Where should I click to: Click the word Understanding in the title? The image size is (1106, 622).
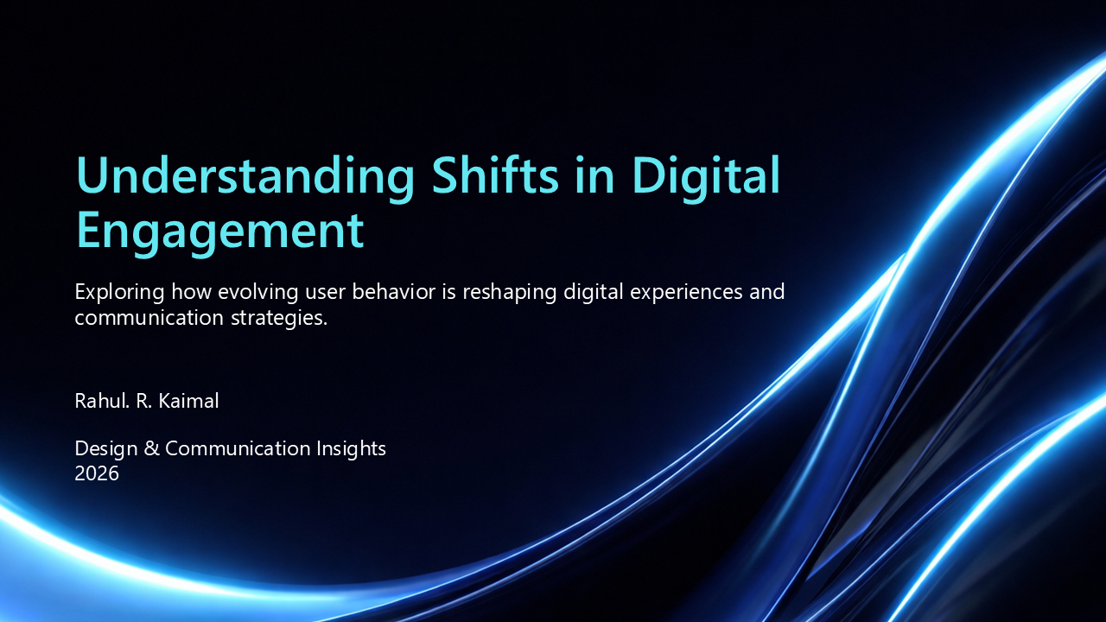pyautogui.click(x=245, y=177)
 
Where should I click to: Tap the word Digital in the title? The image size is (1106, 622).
pyautogui.click(x=706, y=177)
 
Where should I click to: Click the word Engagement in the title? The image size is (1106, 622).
pyautogui.click(x=220, y=232)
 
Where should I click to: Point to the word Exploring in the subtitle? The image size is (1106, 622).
pyautogui.click(x=119, y=292)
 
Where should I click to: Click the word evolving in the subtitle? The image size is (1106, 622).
pyautogui.click(x=257, y=292)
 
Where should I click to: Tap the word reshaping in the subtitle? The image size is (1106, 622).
pyautogui.click(x=509, y=292)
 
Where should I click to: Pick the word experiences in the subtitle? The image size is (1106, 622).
pyautogui.click(x=686, y=292)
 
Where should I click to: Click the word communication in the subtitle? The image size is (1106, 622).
pyautogui.click(x=149, y=317)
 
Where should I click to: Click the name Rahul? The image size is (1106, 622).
pyautogui.click(x=102, y=401)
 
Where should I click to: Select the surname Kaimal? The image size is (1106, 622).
pyautogui.click(x=188, y=401)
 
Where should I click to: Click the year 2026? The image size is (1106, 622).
pyautogui.click(x=97, y=473)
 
